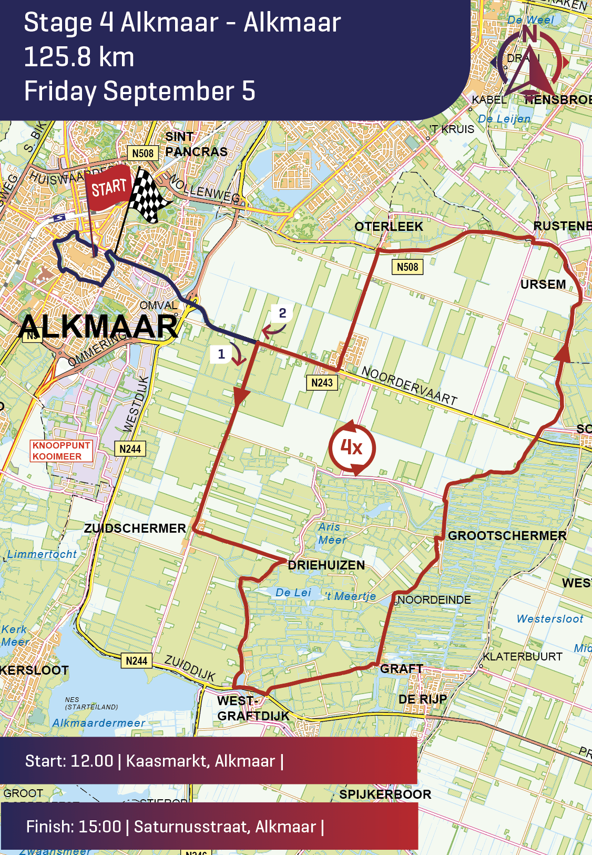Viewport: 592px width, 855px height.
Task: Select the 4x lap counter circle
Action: tap(352, 447)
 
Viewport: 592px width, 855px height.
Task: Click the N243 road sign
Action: tap(322, 383)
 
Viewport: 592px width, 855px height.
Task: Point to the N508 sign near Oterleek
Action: tap(407, 267)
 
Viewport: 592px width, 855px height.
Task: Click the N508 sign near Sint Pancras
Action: tap(142, 153)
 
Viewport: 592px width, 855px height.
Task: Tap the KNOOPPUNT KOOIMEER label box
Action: tap(61, 451)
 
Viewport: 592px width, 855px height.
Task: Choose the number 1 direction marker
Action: tap(221, 354)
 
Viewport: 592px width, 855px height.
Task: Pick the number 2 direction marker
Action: tap(282, 313)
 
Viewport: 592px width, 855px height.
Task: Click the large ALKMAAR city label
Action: tap(98, 327)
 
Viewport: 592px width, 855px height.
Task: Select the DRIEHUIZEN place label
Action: tap(326, 565)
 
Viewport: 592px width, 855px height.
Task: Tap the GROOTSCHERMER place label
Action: tap(507, 536)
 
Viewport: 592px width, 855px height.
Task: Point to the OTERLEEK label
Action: tap(389, 227)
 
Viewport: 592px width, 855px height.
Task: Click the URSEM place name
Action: tap(543, 284)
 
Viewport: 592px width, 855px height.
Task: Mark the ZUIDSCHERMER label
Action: tap(135, 528)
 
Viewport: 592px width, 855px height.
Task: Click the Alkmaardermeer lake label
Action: tap(98, 723)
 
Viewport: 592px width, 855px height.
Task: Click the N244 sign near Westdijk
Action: tap(130, 449)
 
